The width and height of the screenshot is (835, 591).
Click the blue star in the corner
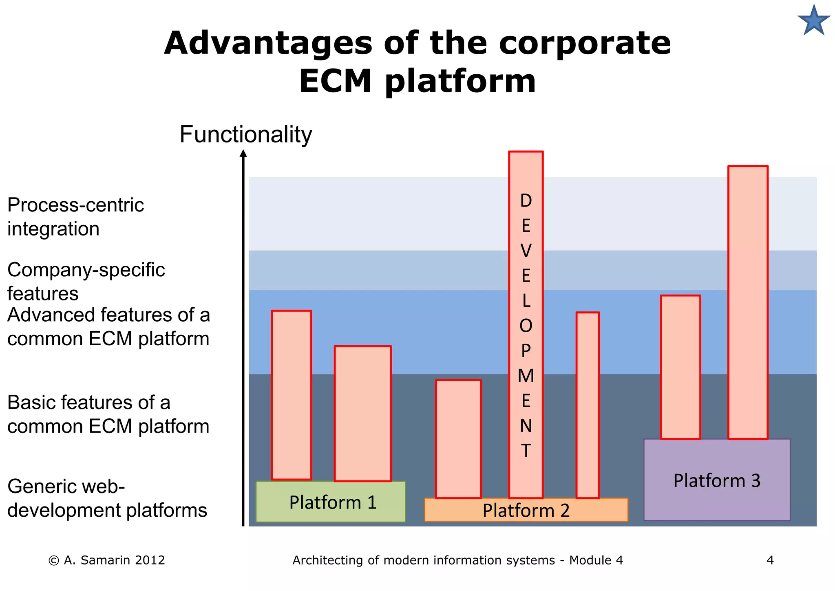pyautogui.click(x=814, y=21)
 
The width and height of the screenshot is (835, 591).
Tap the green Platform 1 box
pyautogui.click(x=331, y=502)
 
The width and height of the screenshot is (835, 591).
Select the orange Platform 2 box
pyautogui.click(x=526, y=510)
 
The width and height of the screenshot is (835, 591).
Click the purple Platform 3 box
pyautogui.click(x=717, y=480)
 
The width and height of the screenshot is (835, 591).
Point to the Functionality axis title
pyautogui.click(x=245, y=135)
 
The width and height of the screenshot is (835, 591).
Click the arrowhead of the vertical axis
pyautogui.click(x=243, y=153)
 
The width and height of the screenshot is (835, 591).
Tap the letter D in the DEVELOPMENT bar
pyautogui.click(x=526, y=201)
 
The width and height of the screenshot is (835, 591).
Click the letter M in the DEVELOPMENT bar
pyautogui.click(x=526, y=376)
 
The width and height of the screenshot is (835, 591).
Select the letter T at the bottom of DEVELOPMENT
pyautogui.click(x=526, y=451)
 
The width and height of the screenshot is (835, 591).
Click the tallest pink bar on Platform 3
pyautogui.click(x=748, y=302)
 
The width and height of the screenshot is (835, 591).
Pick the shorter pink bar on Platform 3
pyautogui.click(x=680, y=367)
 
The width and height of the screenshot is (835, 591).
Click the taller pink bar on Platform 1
pyautogui.click(x=292, y=395)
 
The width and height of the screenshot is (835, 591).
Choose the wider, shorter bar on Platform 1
pyautogui.click(x=362, y=413)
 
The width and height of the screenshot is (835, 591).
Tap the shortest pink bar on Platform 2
pyautogui.click(x=458, y=439)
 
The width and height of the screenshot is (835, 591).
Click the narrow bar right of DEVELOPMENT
pyautogui.click(x=588, y=405)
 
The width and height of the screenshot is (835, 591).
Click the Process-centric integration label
pyautogui.click(x=75, y=217)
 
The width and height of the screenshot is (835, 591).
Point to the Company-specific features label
pyautogui.click(x=86, y=281)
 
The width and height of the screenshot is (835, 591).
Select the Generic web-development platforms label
pyautogui.click(x=107, y=498)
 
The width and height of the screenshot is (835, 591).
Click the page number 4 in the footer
pyautogui.click(x=770, y=560)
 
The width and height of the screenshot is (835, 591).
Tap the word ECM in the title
pyautogui.click(x=335, y=81)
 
